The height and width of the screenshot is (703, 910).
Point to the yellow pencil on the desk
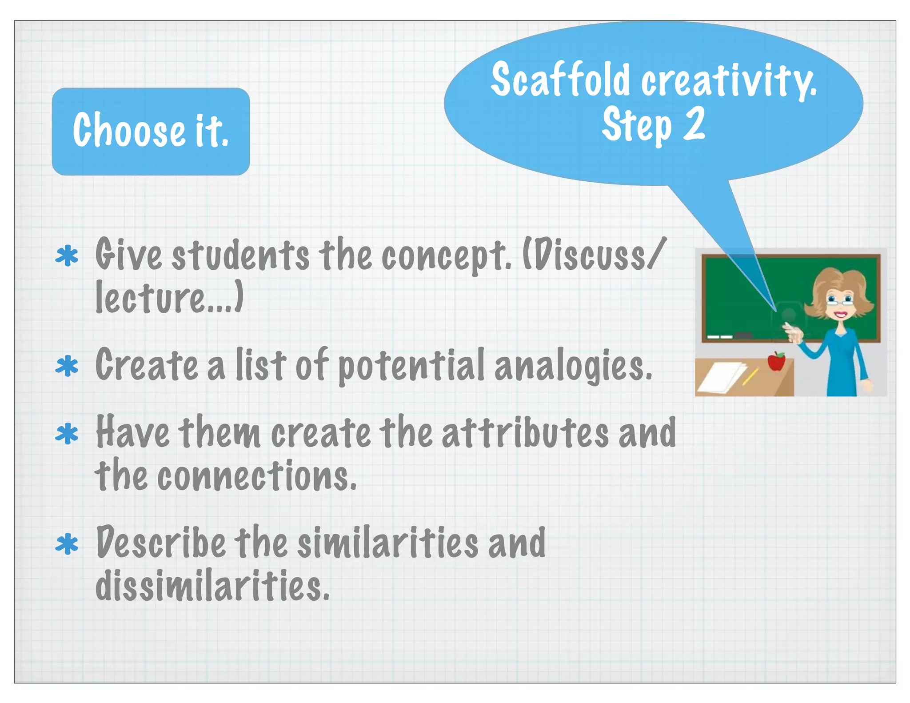click(750, 377)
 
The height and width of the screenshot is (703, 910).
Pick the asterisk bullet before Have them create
click(67, 434)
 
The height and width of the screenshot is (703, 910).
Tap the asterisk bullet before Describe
click(67, 544)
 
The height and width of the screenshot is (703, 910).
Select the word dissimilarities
click(212, 586)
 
